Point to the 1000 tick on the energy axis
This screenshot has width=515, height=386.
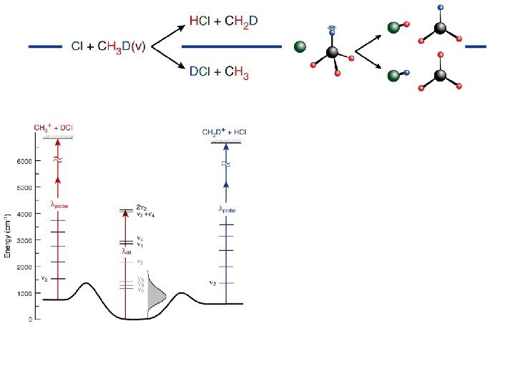pos(24,294)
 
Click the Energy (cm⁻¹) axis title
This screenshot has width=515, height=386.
pos(8,236)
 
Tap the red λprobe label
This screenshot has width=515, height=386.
pos(59,204)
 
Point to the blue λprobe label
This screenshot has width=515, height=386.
pos(227,209)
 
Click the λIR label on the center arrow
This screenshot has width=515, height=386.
pos(126,251)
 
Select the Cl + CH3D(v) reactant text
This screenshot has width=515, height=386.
pos(109,47)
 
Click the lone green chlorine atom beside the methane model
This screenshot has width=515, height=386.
pos(300,47)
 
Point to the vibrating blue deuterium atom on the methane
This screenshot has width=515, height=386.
pos(330,31)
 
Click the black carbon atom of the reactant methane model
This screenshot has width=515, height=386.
pos(332,52)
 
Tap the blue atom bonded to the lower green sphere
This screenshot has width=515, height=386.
pos(406,73)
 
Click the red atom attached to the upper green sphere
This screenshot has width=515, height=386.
pos(406,25)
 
